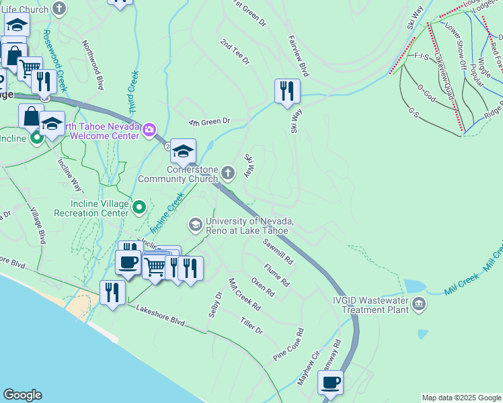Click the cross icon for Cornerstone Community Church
[229, 174]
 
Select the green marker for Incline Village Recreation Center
[139, 207]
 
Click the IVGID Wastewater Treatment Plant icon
[419, 304]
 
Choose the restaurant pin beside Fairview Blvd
[287, 91]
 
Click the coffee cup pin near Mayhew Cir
[330, 383]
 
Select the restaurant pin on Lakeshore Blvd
[112, 292]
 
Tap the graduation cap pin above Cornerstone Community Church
[183, 151]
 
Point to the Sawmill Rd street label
[278, 251]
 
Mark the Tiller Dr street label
[251, 325]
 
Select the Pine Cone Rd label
[289, 344]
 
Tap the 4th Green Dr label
[209, 122]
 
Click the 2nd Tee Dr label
[235, 51]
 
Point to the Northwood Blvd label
[93, 64]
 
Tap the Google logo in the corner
[22, 395]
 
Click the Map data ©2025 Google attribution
[461, 398]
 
